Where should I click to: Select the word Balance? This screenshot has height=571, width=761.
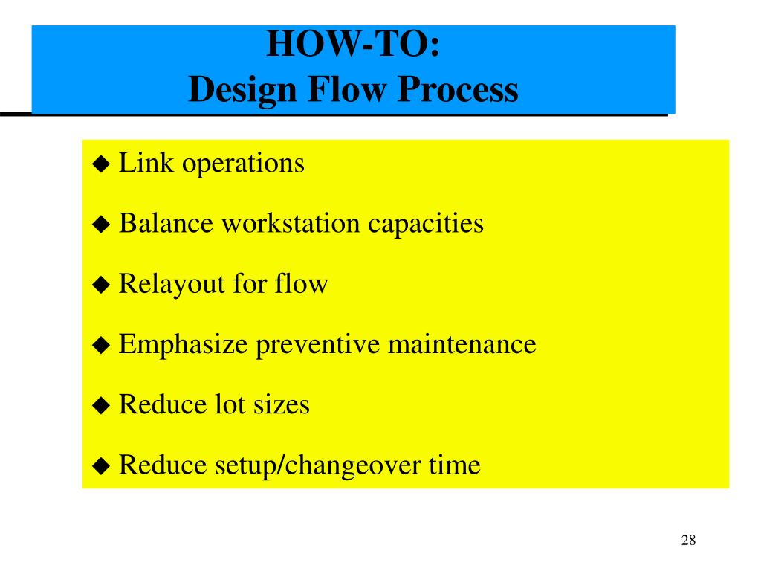[x=164, y=223]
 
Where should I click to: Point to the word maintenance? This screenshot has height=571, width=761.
[x=462, y=345]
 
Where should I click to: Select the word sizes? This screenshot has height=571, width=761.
[x=280, y=405]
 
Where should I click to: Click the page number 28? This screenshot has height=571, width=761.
[x=687, y=541]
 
